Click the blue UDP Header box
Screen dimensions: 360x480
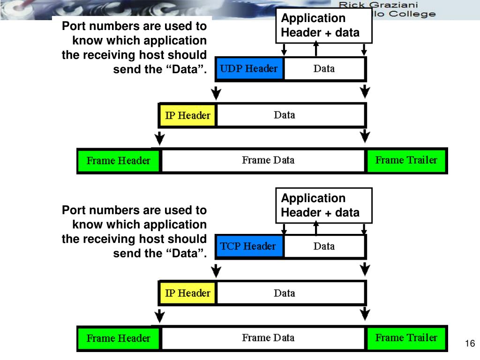pyautogui.click(x=249, y=69)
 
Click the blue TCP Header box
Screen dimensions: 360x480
pyautogui.click(x=249, y=247)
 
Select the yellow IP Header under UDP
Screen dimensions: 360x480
pyautogui.click(x=187, y=115)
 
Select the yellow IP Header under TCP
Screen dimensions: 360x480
pyautogui.click(x=187, y=293)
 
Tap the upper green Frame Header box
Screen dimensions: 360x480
pyautogui.click(x=119, y=161)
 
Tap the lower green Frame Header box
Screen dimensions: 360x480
pyautogui.click(x=119, y=338)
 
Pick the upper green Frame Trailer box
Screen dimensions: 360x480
pyautogui.click(x=406, y=160)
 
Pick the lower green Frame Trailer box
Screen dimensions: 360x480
pyautogui.click(x=406, y=337)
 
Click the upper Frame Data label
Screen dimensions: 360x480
pyautogui.click(x=268, y=160)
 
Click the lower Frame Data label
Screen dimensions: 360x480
pyautogui.click(x=268, y=337)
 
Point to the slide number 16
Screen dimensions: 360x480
pyautogui.click(x=470, y=344)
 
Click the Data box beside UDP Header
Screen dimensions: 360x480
pyautogui.click(x=324, y=69)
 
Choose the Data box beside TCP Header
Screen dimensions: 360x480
pyautogui.click(x=324, y=247)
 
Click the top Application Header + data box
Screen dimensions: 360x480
pyautogui.click(x=323, y=25)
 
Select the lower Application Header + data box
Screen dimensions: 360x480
pyautogui.click(x=323, y=205)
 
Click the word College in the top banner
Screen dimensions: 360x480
pyautogui.click(x=414, y=14)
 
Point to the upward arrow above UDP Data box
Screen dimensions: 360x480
pyautogui.click(x=316, y=48)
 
